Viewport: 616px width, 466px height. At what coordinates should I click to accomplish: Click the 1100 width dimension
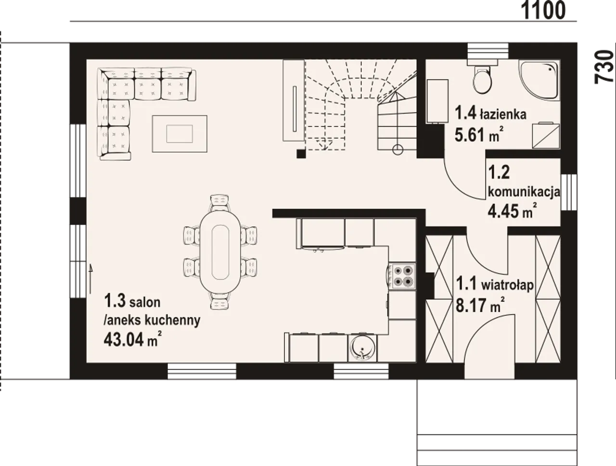(x=543, y=11)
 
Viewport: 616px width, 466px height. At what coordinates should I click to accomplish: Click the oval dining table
(x=220, y=251)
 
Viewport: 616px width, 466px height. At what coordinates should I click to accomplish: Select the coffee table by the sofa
(x=180, y=134)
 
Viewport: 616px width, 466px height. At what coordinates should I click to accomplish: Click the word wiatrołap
(x=507, y=286)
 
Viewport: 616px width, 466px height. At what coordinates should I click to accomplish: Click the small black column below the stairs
(x=301, y=154)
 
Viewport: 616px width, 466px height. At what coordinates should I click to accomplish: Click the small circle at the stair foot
(x=398, y=150)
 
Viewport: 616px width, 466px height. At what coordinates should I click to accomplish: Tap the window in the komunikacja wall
(x=568, y=192)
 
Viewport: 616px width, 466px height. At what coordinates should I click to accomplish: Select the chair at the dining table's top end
(x=219, y=202)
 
